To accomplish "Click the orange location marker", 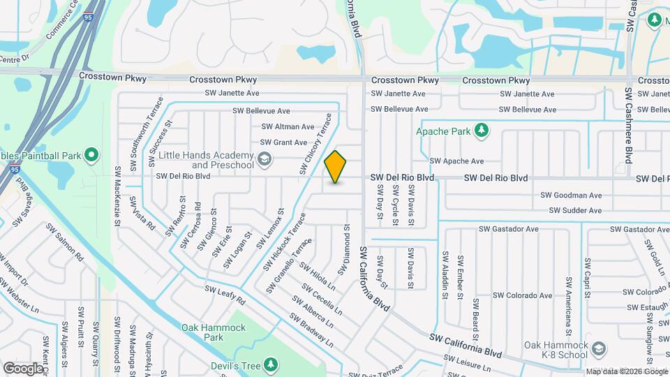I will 336,167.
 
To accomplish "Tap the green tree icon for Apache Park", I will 481,130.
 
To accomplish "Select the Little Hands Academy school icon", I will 265,161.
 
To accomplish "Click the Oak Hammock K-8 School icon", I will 598,348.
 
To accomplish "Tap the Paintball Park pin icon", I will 91,154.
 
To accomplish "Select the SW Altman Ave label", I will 288,127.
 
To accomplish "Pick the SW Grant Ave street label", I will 283,142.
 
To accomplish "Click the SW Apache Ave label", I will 456,161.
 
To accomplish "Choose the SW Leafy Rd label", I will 225,295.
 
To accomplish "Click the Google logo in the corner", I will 23,368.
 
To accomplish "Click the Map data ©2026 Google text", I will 626,371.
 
